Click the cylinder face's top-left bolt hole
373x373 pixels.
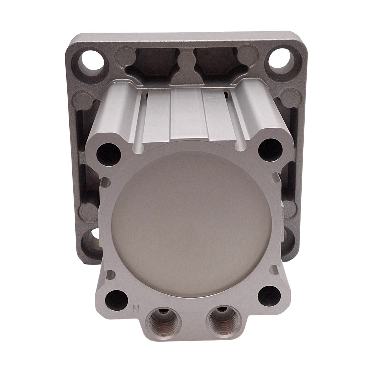108,153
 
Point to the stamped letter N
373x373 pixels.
134,308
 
